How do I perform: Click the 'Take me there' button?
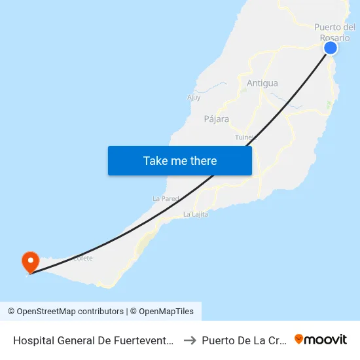pos(180,160)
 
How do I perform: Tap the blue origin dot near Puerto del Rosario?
pos(331,48)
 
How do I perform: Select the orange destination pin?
pos(30,262)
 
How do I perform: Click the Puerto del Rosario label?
pos(334,32)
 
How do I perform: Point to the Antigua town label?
pos(262,83)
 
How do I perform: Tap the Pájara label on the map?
pos(217,119)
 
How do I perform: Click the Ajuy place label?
pos(194,98)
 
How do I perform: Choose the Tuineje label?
pos(244,137)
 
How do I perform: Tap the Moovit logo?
pos(321,340)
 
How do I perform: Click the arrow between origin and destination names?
pos(190,340)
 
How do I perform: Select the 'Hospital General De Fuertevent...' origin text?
pos(93,340)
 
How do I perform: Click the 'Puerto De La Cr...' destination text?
pos(244,340)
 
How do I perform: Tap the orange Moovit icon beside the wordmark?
pos(299,339)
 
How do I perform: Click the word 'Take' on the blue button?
pos(154,160)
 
